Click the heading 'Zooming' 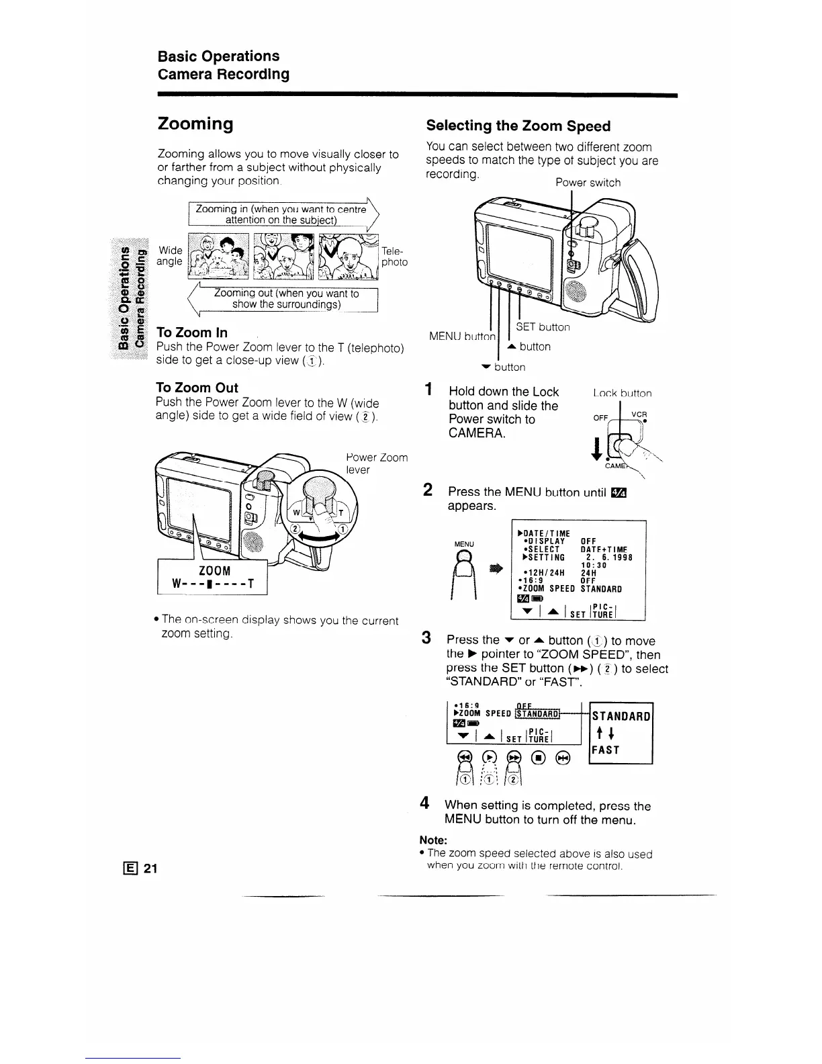(x=195, y=124)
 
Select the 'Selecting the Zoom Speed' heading (x=518, y=126)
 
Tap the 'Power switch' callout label (x=588, y=183)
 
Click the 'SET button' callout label (x=543, y=327)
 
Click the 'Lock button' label (x=622, y=394)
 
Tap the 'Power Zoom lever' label (x=376, y=463)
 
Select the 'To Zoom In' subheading (x=191, y=332)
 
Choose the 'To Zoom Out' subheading (x=197, y=388)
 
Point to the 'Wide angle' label (x=169, y=256)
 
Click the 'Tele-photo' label (x=394, y=256)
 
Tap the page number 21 (x=150, y=869)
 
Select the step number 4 (x=424, y=803)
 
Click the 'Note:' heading (x=433, y=840)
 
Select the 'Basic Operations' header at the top (x=218, y=56)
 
